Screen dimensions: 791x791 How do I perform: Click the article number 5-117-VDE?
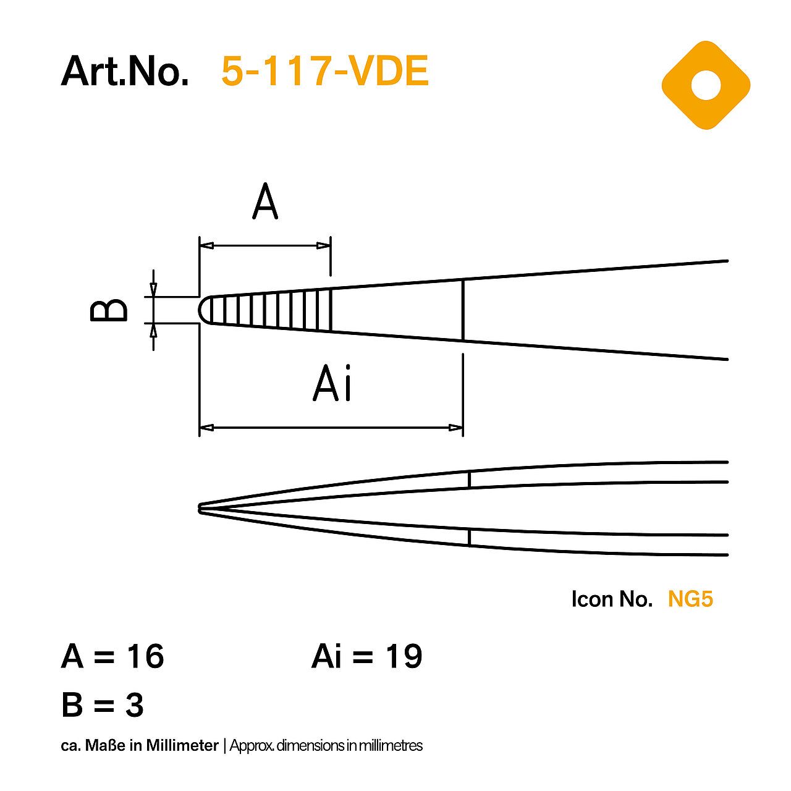click(324, 71)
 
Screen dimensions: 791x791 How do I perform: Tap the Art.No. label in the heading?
click(125, 71)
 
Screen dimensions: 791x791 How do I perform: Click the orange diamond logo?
click(706, 85)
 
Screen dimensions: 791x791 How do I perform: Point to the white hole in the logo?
click(706, 85)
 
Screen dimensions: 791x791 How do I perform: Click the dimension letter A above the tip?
click(265, 202)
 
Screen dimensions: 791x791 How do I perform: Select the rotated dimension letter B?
click(109, 310)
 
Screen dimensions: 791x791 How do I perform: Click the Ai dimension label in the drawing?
click(332, 384)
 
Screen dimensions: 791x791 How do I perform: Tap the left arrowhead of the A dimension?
click(207, 246)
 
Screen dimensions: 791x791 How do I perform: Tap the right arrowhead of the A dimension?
click(323, 246)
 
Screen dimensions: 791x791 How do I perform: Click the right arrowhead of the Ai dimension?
click(455, 427)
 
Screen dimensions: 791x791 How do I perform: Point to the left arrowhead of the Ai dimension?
click(207, 427)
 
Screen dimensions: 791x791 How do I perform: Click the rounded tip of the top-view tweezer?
click(204, 310)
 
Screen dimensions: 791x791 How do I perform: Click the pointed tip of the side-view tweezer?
click(200, 508)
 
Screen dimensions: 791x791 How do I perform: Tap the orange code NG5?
click(690, 599)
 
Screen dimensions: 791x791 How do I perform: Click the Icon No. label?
click(611, 599)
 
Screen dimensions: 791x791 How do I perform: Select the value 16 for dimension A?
click(146, 656)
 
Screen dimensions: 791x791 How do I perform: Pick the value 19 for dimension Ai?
click(404, 656)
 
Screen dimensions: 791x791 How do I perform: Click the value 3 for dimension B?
click(134, 705)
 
